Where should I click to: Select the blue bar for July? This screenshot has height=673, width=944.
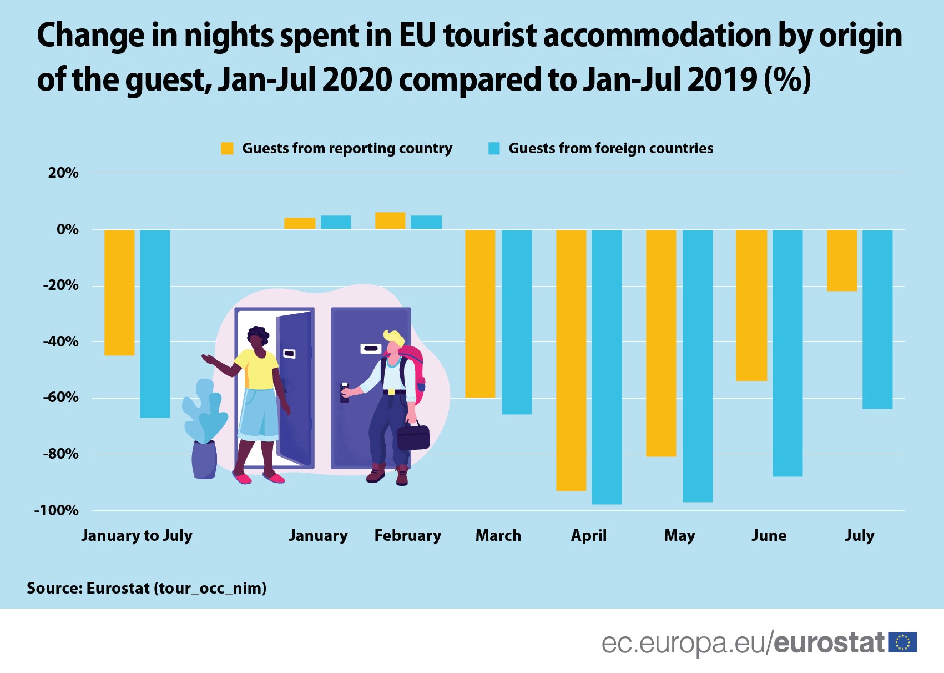click(x=877, y=319)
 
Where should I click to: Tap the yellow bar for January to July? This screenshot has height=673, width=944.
click(x=119, y=293)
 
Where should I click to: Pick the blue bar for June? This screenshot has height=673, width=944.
click(x=787, y=353)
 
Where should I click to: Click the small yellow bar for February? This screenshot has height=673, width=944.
click(x=390, y=220)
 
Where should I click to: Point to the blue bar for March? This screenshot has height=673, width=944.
click(x=517, y=322)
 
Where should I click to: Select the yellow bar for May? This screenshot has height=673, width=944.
click(x=661, y=343)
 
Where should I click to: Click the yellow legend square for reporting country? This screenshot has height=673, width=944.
click(x=227, y=148)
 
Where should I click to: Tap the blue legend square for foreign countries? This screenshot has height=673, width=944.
click(x=494, y=148)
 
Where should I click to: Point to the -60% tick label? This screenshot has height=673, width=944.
click(x=60, y=398)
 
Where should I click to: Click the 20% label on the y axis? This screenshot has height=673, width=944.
click(x=63, y=173)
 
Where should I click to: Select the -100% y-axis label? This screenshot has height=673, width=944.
click(x=57, y=510)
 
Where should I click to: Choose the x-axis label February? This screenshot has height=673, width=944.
click(x=408, y=535)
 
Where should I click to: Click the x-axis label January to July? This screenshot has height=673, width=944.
click(x=137, y=535)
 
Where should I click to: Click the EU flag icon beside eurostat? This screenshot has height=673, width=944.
click(x=902, y=642)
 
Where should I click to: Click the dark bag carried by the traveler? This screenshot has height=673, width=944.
click(x=413, y=437)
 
